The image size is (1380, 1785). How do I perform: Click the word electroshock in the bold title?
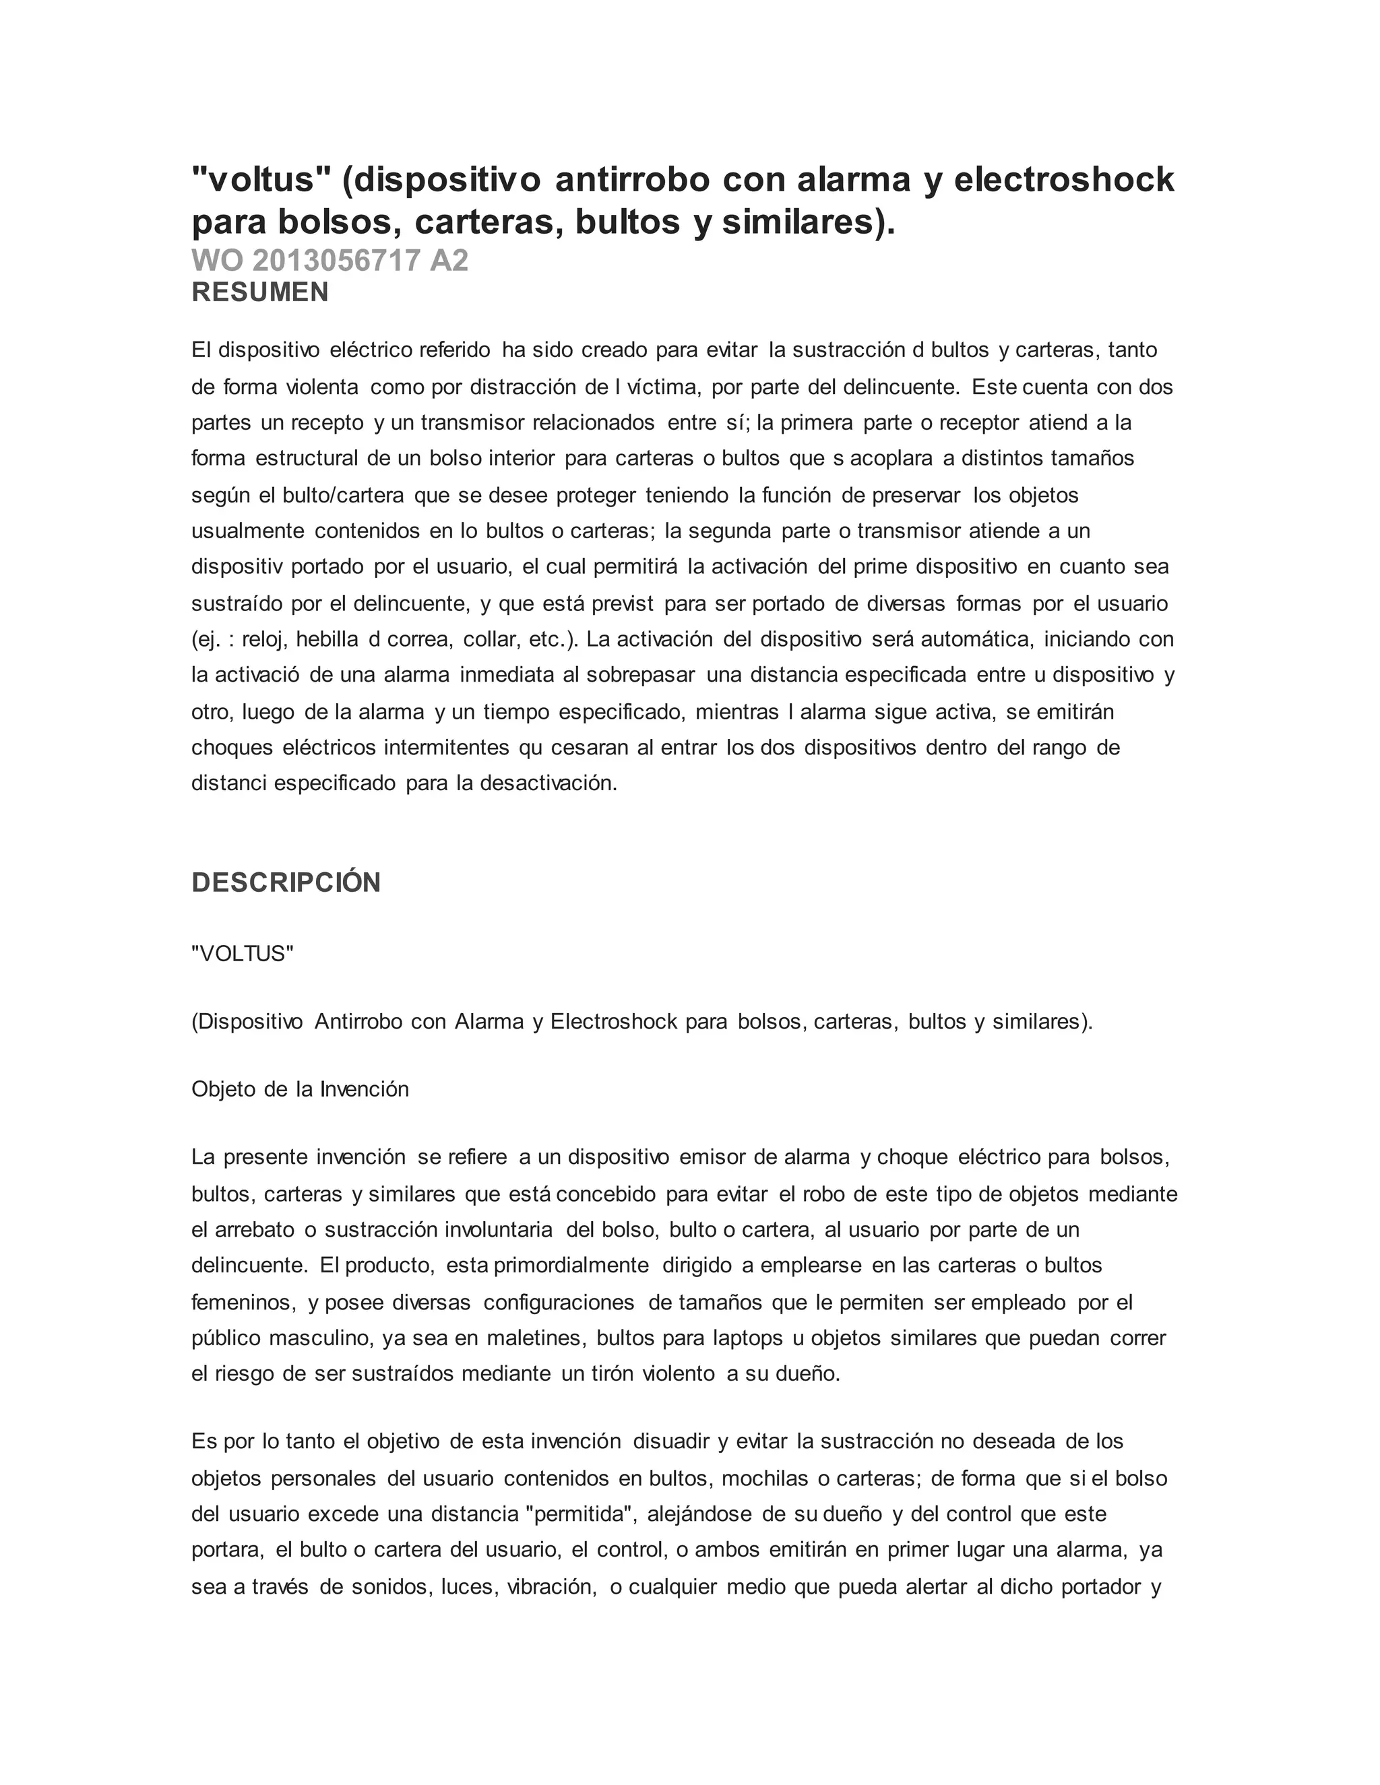pyautogui.click(x=1063, y=179)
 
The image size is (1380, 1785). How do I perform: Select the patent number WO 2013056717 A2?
pyautogui.click(x=330, y=261)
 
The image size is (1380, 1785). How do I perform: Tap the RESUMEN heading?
pyautogui.click(x=260, y=292)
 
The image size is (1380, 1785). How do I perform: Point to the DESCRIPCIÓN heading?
pyautogui.click(x=286, y=882)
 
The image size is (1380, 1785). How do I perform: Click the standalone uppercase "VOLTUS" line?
pyautogui.click(x=242, y=954)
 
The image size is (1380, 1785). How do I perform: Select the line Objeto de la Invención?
pyautogui.click(x=300, y=1089)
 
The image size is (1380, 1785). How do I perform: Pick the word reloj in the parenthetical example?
pyautogui.click(x=264, y=639)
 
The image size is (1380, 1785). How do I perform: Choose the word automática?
pyautogui.click(x=966, y=639)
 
